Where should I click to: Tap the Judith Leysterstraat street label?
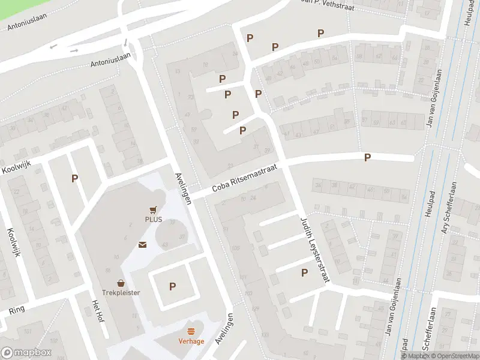tap(315, 251)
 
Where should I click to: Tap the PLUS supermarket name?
tap(153, 220)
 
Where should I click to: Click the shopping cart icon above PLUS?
tap(153, 209)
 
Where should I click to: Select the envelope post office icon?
tap(143, 244)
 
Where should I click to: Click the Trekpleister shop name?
tap(121, 293)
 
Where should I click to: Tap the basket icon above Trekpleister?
tap(121, 283)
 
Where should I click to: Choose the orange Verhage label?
tap(191, 341)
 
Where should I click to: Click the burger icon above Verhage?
tap(191, 331)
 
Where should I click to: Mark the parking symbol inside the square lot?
tap(172, 287)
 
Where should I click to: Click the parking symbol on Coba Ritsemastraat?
tap(368, 157)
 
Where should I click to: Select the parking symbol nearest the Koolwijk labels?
tap(74, 178)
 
